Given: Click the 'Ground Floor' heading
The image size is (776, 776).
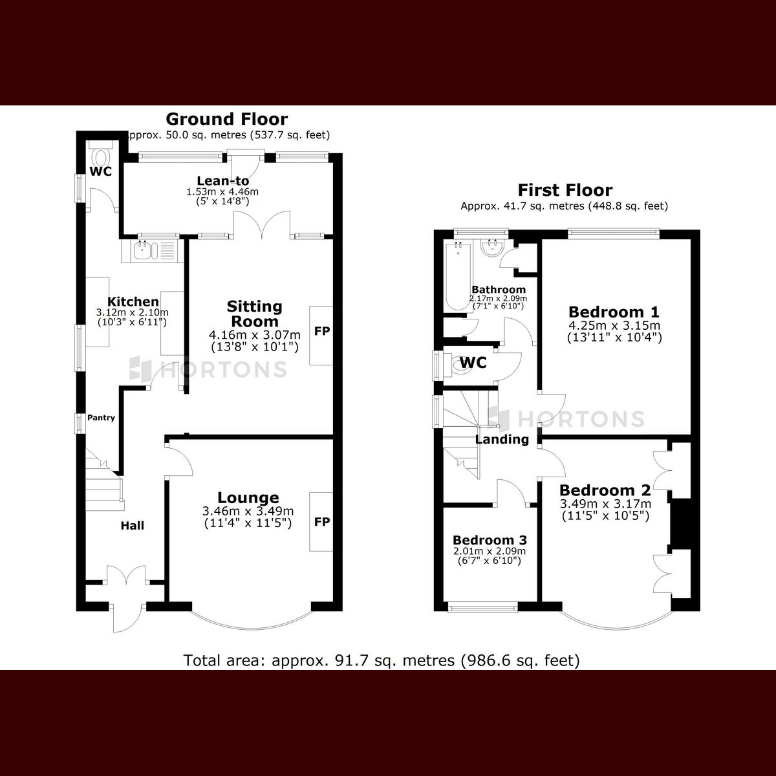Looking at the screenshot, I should click(226, 119).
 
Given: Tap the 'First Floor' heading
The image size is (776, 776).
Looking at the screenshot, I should click(565, 190).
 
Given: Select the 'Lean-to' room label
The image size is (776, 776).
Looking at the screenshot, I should click(222, 181).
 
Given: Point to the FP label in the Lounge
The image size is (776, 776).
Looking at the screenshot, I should click(321, 522).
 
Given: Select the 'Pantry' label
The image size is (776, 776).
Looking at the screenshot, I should click(101, 418).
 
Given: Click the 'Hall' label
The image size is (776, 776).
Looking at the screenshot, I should click(132, 526).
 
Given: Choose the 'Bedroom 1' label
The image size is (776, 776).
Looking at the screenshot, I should click(614, 312).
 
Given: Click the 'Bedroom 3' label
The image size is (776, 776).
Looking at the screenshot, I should click(490, 540).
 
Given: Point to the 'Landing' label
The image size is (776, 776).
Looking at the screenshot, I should click(502, 440).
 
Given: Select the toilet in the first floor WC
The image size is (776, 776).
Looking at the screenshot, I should click(462, 367).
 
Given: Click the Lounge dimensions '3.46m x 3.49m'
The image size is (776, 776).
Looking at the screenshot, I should click(248, 511).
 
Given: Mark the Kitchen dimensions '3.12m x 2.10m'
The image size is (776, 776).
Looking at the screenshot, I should click(133, 312).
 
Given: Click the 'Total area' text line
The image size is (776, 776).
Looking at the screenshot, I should click(382, 660).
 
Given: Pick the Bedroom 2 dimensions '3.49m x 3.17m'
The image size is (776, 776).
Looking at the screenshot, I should click(605, 504).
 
